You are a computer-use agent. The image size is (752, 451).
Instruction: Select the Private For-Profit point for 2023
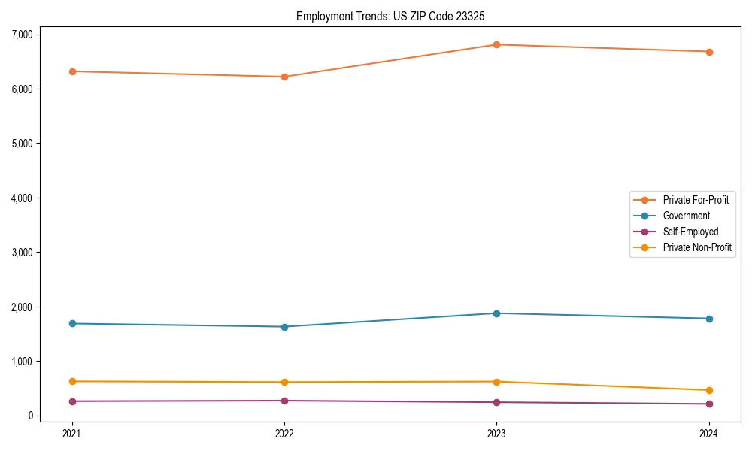(496, 44)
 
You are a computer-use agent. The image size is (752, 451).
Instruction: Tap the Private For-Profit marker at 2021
(72, 71)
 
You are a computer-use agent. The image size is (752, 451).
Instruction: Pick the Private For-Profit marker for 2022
(284, 77)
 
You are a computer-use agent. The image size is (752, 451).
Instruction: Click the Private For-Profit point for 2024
(708, 52)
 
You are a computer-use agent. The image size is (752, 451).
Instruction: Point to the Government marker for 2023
(496, 313)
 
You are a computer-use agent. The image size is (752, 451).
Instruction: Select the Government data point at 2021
(72, 323)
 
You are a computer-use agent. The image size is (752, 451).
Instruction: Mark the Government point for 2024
(708, 319)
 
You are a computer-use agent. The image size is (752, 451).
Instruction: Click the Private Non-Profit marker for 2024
(708, 390)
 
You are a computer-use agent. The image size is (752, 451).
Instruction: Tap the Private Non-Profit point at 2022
(284, 382)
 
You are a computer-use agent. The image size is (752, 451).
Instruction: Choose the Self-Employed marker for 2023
(496, 402)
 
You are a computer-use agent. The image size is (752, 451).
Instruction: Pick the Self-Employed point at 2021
(72, 401)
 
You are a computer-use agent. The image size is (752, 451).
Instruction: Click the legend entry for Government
(686, 216)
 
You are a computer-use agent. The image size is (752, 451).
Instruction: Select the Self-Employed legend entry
(690, 232)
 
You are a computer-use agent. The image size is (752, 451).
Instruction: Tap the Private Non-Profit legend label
(697, 247)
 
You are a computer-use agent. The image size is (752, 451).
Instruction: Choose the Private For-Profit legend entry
(696, 200)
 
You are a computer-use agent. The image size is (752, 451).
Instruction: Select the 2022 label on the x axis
(284, 433)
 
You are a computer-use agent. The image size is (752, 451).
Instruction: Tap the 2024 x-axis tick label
(708, 433)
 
